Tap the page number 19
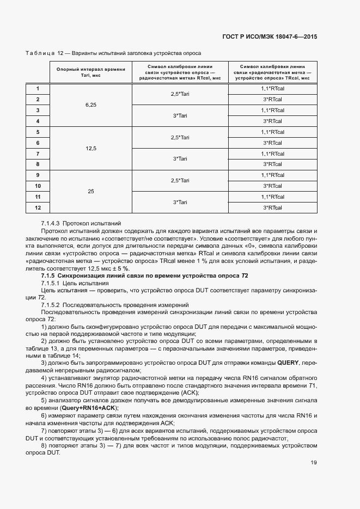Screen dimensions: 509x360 coord(314,463)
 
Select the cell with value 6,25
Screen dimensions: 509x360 coord(90,105)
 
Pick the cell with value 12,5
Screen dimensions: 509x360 coord(90,148)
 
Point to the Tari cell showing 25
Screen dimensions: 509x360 coord(90,191)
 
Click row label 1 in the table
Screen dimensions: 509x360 coord(38,88)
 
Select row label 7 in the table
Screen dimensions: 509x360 coord(38,154)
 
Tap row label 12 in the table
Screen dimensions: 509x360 coord(38,207)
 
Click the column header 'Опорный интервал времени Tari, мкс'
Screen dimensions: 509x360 coord(90,72)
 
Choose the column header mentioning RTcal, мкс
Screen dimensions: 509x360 coord(180,72)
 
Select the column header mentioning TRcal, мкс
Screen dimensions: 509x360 coord(272,72)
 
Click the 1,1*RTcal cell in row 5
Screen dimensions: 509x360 coord(272,132)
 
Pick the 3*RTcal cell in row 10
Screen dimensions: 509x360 coord(272,186)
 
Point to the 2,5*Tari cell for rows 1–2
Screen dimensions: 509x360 coord(180,94)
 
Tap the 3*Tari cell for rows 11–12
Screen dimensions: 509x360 coord(180,202)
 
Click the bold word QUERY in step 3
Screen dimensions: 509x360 coord(288,362)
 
